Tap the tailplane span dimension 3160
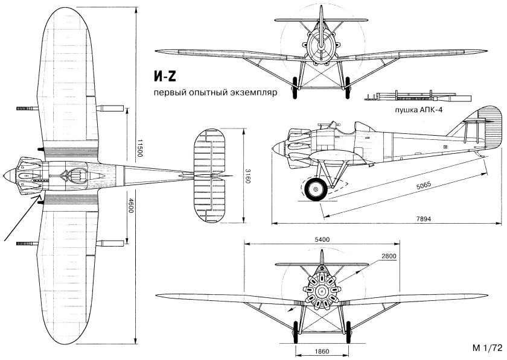pyautogui.click(x=247, y=175)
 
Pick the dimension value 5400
pyautogui.click(x=321, y=239)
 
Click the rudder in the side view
pyautogui.click(x=489, y=129)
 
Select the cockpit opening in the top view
pyautogui.click(x=75, y=176)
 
